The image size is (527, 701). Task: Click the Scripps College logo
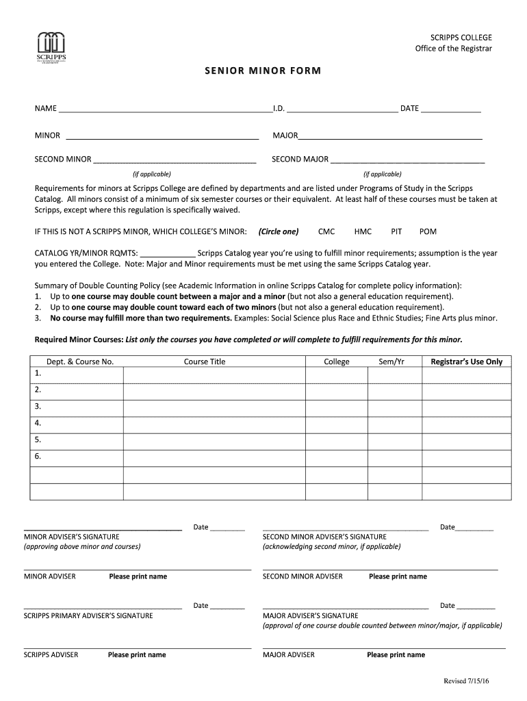pos(51,46)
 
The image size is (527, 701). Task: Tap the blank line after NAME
pos(165,109)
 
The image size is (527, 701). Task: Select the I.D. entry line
pos(342,109)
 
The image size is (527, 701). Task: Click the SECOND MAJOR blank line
pos(407,160)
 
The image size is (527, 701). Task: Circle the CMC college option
pos(326,231)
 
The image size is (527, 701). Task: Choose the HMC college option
pos(363,231)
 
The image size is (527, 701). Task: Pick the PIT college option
pos(396,231)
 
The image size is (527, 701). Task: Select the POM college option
pos(428,231)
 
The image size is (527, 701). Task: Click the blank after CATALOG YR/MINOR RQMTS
pos(168,253)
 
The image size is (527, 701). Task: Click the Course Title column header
pos(204,361)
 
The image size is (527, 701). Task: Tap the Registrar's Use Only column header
pos(466,361)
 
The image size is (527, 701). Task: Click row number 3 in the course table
pos(38,407)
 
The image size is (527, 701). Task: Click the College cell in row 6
pos(336,457)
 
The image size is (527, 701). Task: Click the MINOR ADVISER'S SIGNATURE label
pos(72,537)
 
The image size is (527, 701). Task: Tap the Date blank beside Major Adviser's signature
pos(477,606)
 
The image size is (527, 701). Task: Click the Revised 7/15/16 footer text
pos(471,681)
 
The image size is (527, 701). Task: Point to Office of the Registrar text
pos(453,48)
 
